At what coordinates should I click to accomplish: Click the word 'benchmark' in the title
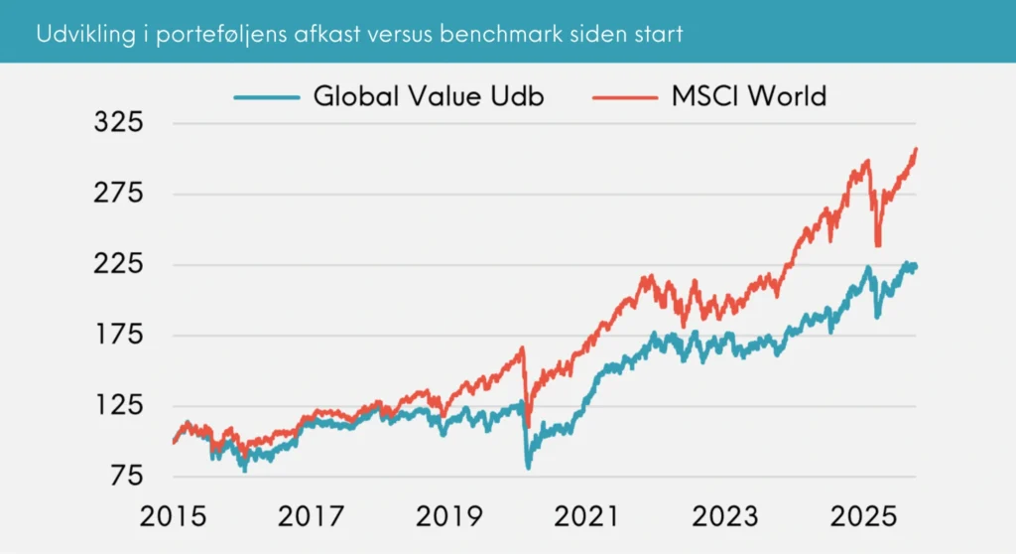pyautogui.click(x=498, y=34)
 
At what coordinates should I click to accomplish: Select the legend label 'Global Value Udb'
pyautogui.click(x=429, y=96)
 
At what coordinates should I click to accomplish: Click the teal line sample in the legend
pyautogui.click(x=267, y=97)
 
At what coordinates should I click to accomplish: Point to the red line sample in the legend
pyautogui.click(x=625, y=97)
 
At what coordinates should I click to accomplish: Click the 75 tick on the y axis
pyautogui.click(x=126, y=477)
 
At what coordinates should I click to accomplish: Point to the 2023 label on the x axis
pyautogui.click(x=724, y=517)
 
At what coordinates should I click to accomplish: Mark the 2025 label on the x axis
pyautogui.click(x=862, y=517)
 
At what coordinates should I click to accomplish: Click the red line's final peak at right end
pyautogui.click(x=915, y=149)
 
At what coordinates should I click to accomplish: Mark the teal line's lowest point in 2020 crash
pyautogui.click(x=528, y=467)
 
